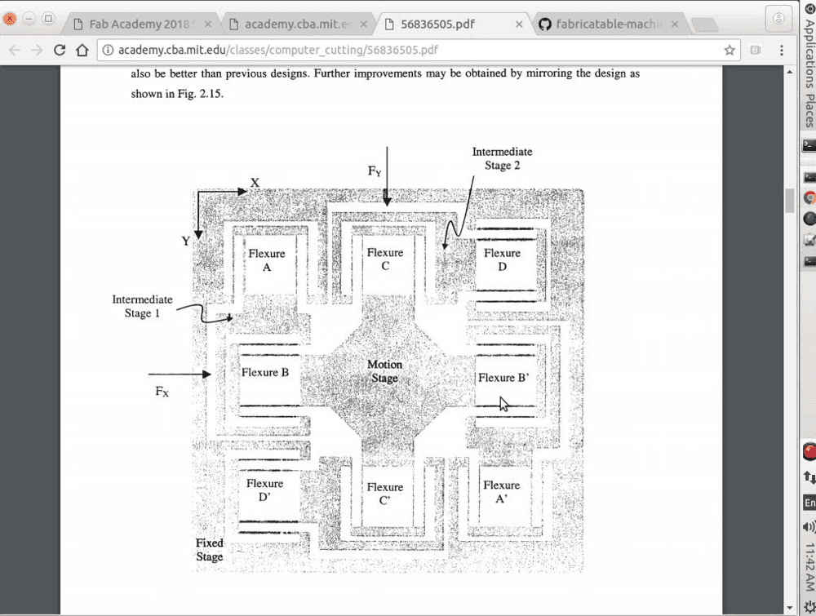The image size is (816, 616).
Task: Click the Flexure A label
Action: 267,260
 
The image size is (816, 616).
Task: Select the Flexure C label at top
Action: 385,259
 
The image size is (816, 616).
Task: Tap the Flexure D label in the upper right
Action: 502,259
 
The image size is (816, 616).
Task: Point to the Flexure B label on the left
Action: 265,373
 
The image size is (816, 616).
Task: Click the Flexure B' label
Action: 503,378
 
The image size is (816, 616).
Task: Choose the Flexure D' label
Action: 265,490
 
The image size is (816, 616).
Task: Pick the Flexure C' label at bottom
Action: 385,494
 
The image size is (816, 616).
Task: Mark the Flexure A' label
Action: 501,492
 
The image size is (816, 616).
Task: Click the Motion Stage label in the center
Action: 384,371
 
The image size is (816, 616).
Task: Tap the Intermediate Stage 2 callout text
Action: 502,158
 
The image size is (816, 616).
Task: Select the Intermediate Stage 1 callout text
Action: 142,307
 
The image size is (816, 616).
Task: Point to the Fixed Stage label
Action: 210,550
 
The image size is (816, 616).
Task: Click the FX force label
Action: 162,392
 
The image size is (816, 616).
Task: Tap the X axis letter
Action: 255,183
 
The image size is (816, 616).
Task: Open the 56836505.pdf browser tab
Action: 441,24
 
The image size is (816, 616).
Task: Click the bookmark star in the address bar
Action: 730,51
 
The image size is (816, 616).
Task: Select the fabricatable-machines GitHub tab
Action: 608,24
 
